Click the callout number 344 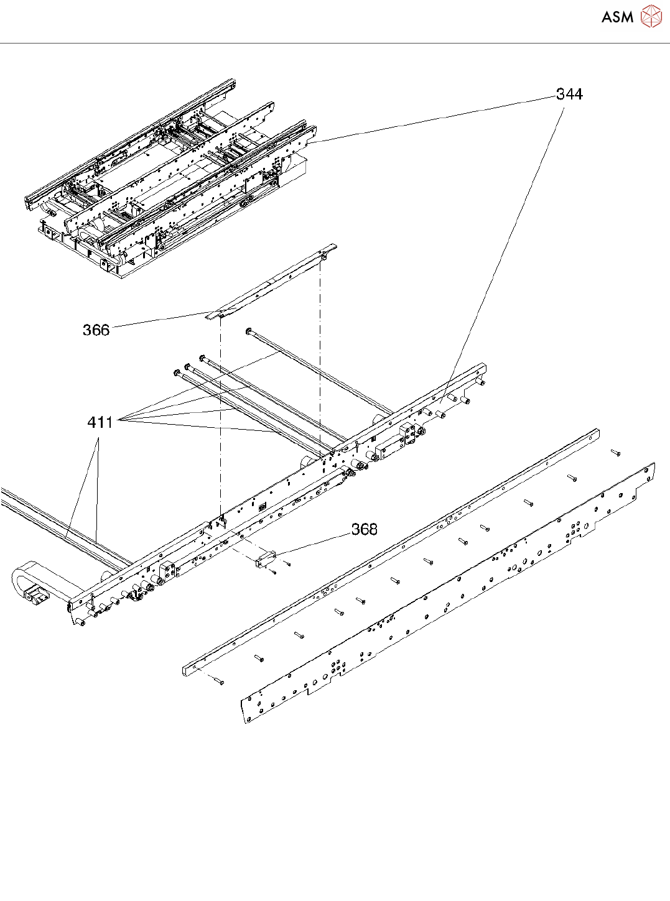[x=569, y=94]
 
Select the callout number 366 [x=96, y=330]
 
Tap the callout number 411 [x=100, y=423]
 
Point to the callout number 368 [x=365, y=529]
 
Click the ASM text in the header [x=617, y=17]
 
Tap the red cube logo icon [x=651, y=17]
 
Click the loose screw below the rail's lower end [x=219, y=682]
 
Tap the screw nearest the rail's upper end [x=615, y=452]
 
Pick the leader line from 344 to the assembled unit [x=435, y=118]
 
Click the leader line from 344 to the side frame [x=504, y=249]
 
